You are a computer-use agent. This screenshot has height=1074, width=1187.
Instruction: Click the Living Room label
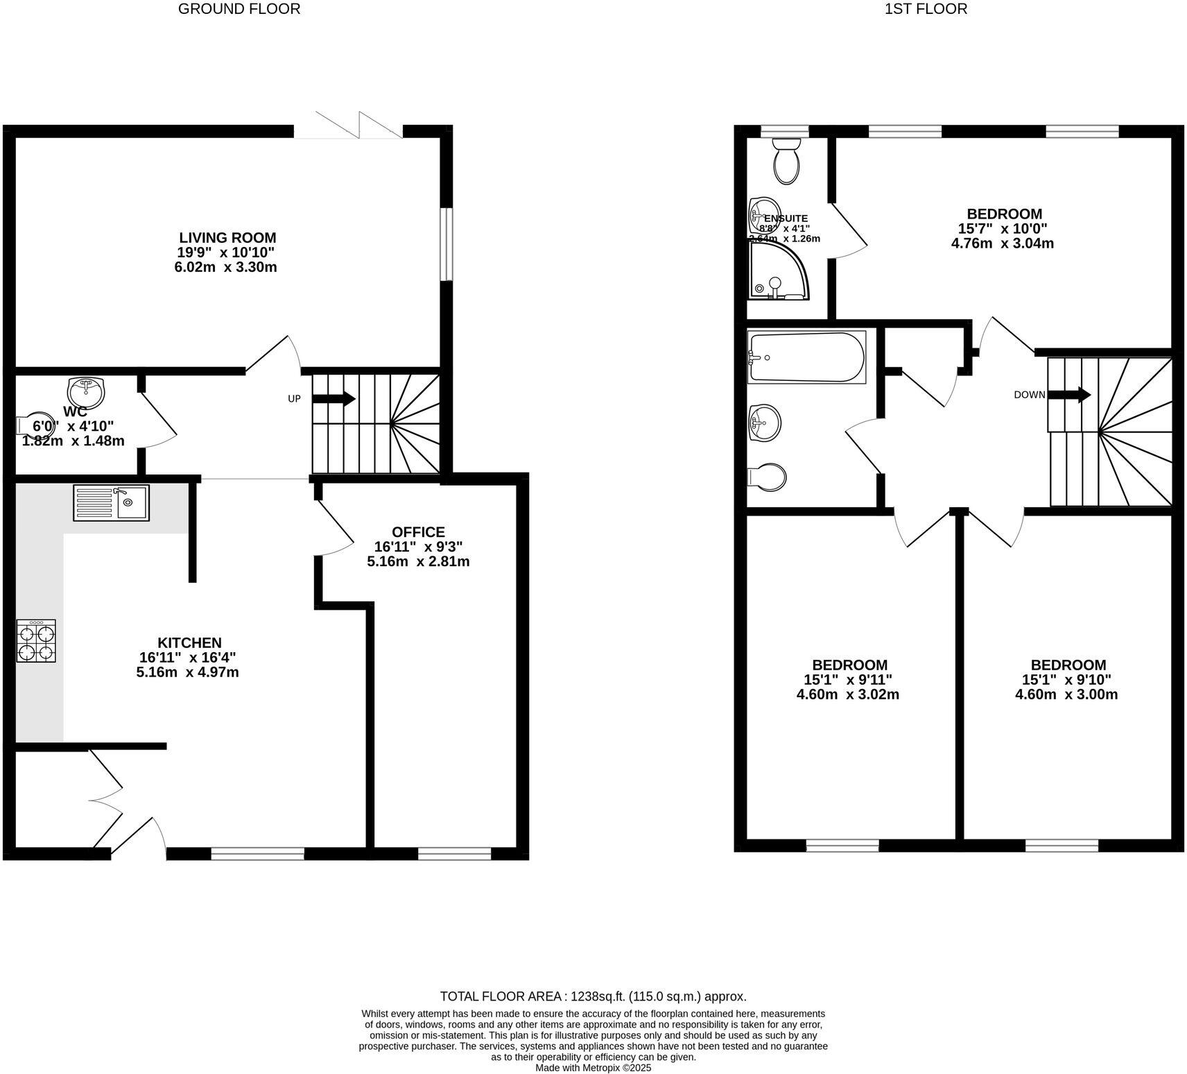click(227, 238)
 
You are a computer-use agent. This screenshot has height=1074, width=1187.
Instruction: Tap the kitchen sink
click(111, 502)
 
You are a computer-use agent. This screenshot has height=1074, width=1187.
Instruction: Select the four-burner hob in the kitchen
click(36, 642)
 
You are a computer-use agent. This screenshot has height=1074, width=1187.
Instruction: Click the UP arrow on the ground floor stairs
click(334, 399)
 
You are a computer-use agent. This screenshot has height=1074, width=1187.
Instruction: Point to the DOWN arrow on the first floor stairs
click(1070, 395)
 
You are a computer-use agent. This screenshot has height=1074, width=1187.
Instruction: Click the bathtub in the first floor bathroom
click(806, 357)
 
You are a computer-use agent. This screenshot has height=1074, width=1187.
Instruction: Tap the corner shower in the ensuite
click(777, 271)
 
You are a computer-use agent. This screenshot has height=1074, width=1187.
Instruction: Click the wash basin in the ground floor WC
click(86, 392)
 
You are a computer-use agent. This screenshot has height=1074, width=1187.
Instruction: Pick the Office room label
click(418, 532)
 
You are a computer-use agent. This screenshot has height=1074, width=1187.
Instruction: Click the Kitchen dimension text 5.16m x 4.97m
click(188, 672)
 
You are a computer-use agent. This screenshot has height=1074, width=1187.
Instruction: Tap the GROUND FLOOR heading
click(239, 9)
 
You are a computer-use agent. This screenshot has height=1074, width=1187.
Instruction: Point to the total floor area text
click(593, 996)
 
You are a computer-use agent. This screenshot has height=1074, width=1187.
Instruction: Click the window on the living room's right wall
click(447, 244)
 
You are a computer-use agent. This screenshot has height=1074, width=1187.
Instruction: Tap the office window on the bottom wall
click(454, 853)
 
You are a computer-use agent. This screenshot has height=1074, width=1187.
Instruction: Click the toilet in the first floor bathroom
click(768, 477)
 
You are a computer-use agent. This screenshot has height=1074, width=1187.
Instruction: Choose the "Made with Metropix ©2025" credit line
click(593, 1068)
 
